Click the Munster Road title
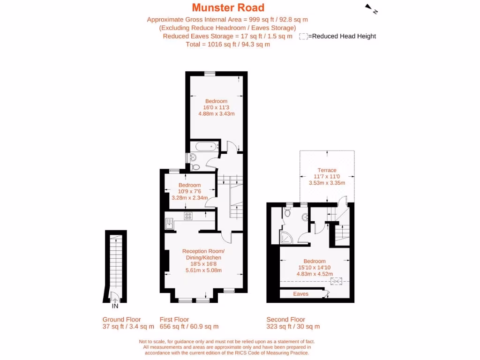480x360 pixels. tap(228, 7)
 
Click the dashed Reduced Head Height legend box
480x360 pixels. tap(303, 37)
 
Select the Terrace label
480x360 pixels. tap(327, 170)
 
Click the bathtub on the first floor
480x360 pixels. tap(205, 147)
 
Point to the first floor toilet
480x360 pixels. tap(195, 165)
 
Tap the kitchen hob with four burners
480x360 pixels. tap(188, 216)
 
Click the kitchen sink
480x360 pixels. tap(169, 224)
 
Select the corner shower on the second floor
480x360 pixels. tap(285, 239)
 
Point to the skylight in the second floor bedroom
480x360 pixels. tap(336, 281)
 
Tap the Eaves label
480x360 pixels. tap(300, 294)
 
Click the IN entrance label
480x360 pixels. tap(115, 307)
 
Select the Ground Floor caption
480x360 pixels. tap(121, 320)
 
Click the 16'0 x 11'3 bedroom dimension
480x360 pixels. tap(216, 107)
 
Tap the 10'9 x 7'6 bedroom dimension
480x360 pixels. tap(189, 191)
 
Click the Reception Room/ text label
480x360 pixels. tap(203, 251)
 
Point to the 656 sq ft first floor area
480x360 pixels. tap(189, 327)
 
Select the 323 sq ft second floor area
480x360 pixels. tap(293, 327)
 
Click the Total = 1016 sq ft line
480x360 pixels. tap(228, 45)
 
